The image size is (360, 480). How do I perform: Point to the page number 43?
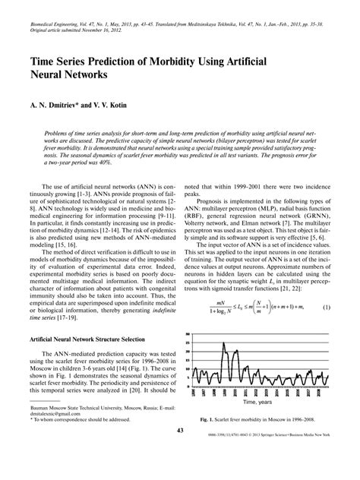(x=180, y=453)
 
